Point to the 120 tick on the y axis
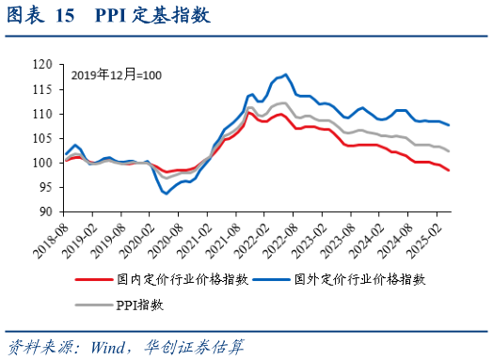[x=43, y=65]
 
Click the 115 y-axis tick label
[x=43, y=89]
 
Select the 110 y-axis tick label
[x=43, y=114]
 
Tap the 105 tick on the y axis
[x=43, y=138]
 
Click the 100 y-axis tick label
[x=43, y=163]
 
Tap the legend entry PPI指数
[x=139, y=305]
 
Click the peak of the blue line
[x=285, y=74]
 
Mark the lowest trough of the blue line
[x=167, y=194]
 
